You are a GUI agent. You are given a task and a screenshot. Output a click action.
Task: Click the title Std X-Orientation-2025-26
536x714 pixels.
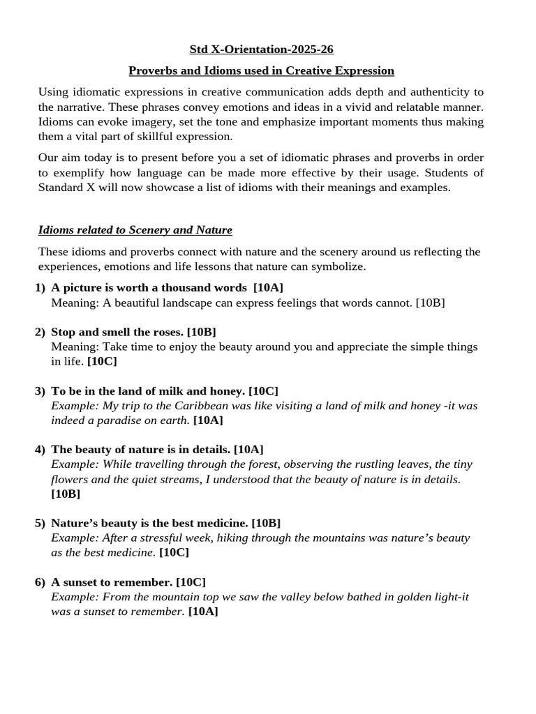261,50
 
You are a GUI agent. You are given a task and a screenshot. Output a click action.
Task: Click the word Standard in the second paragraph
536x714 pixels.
62,188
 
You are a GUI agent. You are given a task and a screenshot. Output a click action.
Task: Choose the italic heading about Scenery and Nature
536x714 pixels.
135,229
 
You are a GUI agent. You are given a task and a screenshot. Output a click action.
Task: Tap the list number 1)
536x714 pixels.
40,288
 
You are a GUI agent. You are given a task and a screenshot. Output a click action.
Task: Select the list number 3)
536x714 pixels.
40,390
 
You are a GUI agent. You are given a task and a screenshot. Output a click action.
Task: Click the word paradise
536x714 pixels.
110,420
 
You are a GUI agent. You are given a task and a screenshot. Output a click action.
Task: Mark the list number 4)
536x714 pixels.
40,449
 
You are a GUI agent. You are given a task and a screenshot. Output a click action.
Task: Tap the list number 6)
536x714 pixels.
40,582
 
